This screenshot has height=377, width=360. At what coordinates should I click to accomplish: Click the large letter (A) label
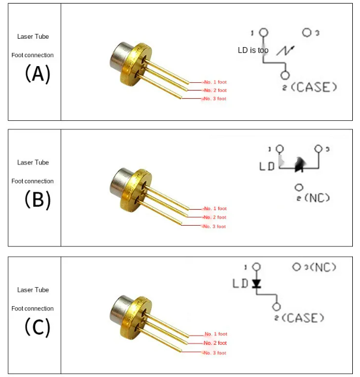point(37,74)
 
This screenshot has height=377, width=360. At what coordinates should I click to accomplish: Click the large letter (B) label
point(37,200)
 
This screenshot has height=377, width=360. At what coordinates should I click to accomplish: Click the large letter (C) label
point(37,327)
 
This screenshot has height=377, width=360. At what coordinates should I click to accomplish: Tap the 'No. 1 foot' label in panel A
point(215,82)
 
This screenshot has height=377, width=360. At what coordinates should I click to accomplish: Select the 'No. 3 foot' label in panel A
point(215,99)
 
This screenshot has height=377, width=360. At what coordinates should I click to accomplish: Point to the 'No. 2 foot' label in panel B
point(215,217)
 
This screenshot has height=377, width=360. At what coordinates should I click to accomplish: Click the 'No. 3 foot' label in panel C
point(215,353)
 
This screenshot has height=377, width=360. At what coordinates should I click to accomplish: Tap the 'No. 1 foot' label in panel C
point(215,334)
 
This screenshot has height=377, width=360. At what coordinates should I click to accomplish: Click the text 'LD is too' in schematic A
point(253,50)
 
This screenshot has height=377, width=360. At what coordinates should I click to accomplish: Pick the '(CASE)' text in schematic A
point(314,87)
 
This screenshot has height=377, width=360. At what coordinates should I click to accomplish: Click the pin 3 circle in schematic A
point(306,32)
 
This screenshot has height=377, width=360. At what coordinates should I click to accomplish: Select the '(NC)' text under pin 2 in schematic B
point(317,198)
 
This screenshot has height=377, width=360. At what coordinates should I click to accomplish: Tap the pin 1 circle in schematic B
point(280,149)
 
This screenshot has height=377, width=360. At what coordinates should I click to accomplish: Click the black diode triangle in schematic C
point(256,283)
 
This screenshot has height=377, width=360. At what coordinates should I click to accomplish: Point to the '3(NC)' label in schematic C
point(320,267)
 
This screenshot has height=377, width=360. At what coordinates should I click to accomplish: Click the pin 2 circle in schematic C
point(277,307)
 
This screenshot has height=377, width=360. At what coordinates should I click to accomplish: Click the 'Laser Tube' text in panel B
point(33,163)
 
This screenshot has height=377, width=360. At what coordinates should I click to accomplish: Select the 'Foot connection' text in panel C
point(32,309)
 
